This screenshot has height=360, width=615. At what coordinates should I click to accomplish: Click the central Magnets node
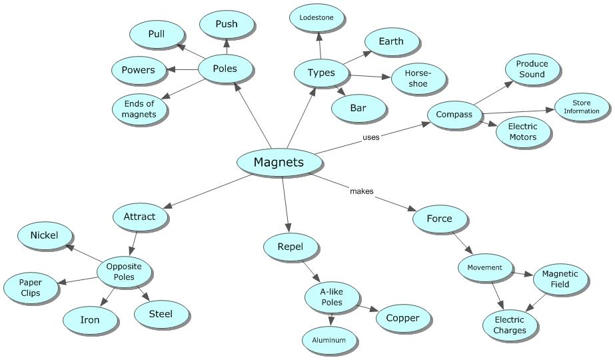pyautogui.click(x=278, y=162)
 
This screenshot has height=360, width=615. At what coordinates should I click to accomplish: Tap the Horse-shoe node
pyautogui.click(x=418, y=79)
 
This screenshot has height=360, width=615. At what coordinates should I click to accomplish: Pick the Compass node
pyautogui.click(x=454, y=114)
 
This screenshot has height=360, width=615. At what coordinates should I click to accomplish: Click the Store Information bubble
pyautogui.click(x=582, y=107)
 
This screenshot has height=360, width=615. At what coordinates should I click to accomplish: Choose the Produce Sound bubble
pyautogui.click(x=531, y=69)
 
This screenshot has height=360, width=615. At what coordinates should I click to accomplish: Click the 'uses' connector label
pyautogui.click(x=371, y=137)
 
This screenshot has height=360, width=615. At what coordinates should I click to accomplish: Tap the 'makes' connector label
pyautogui.click(x=362, y=191)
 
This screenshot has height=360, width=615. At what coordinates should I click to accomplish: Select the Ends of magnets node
pyautogui.click(x=139, y=109)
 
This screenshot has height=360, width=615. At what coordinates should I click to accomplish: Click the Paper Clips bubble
pyautogui.click(x=30, y=287)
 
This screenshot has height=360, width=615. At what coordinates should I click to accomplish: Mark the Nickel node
pyautogui.click(x=44, y=235)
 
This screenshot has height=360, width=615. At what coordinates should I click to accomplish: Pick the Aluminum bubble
pyautogui.click(x=329, y=340)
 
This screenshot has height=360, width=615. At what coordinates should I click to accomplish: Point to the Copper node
pyautogui.click(x=402, y=317)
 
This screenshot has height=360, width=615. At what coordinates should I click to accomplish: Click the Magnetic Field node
pyautogui.click(x=560, y=279)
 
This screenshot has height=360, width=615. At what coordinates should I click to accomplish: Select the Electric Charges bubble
pyautogui.click(x=510, y=325)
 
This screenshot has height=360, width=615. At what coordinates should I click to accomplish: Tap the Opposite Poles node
pyautogui.click(x=124, y=271)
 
